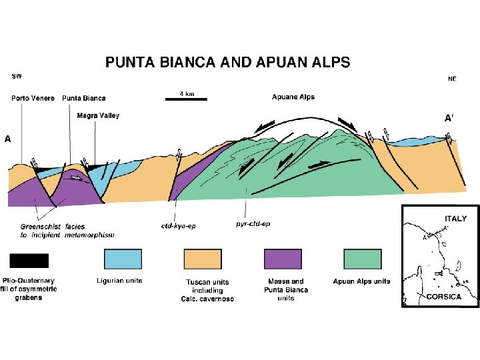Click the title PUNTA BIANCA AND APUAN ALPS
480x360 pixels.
click(227, 63)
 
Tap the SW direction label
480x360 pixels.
click(17, 75)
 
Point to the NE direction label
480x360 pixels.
click(452, 79)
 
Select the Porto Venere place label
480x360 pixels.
click(33, 98)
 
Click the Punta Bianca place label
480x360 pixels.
click(83, 98)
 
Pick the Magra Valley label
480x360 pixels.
click(98, 115)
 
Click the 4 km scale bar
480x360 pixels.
click(187, 99)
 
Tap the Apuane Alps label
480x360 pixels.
click(293, 97)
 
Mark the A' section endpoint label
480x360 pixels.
click(450, 117)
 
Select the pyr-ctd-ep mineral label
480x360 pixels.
click(253, 223)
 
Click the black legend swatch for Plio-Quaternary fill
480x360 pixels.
click(29, 261)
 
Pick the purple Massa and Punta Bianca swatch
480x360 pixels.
click(283, 259)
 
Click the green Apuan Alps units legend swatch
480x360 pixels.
click(362, 259)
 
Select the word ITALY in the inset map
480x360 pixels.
click(456, 219)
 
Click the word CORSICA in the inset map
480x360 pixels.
click(443, 296)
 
